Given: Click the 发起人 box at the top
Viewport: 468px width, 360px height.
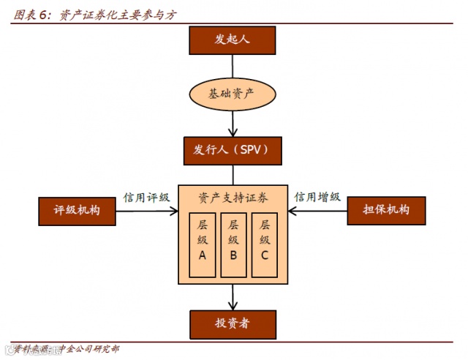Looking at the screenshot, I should pyautogui.click(x=233, y=40).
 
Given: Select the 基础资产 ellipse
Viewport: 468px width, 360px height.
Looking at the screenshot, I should pyautogui.click(x=233, y=94).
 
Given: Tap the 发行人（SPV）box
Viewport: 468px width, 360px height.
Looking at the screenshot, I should pyautogui.click(x=233, y=151).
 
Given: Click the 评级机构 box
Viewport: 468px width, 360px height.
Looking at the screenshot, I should pyautogui.click(x=77, y=211).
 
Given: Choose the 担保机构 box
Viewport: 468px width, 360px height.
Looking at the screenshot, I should pyautogui.click(x=386, y=211).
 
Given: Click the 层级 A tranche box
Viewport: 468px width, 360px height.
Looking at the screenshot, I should pyautogui.click(x=203, y=245).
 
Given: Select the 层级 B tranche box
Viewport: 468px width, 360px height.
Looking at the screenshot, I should pyautogui.click(x=233, y=245).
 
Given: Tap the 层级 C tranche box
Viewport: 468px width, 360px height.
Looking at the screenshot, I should pyautogui.click(x=265, y=245).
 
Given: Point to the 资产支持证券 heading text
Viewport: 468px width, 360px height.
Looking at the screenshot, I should pyautogui.click(x=233, y=198).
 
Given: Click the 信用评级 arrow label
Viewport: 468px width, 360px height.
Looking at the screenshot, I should pyautogui.click(x=146, y=198).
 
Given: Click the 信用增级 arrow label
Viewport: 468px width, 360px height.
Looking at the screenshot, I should pyautogui.click(x=317, y=197).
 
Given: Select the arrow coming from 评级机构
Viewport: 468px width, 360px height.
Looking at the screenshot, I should pyautogui.click(x=146, y=211).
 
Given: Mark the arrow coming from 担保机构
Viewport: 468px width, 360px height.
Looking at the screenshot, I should pyautogui.click(x=317, y=211).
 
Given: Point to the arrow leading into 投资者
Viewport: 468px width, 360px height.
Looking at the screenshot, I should pyautogui.click(x=233, y=296).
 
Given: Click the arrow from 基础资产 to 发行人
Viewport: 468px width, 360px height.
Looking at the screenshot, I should pyautogui.click(x=233, y=124).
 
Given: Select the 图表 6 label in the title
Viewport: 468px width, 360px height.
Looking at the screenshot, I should pyautogui.click(x=33, y=15).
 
